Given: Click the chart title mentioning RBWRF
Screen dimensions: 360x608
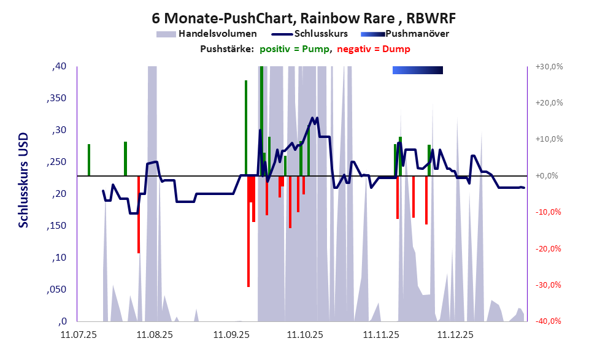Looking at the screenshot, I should tap(303, 17).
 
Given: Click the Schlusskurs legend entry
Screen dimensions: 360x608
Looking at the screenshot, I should tap(321, 34).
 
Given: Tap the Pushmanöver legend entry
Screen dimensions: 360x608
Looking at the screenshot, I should tap(416, 34).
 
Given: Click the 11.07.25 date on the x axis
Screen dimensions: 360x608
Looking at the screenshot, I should tap(78, 335).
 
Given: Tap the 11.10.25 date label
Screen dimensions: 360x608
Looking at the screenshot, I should tap(305, 335).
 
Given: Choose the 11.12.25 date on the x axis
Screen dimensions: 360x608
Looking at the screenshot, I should tap(455, 335).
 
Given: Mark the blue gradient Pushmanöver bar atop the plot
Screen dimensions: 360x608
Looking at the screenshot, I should tap(417, 70).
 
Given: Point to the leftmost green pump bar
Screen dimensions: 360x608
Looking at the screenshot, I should tap(89, 159).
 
